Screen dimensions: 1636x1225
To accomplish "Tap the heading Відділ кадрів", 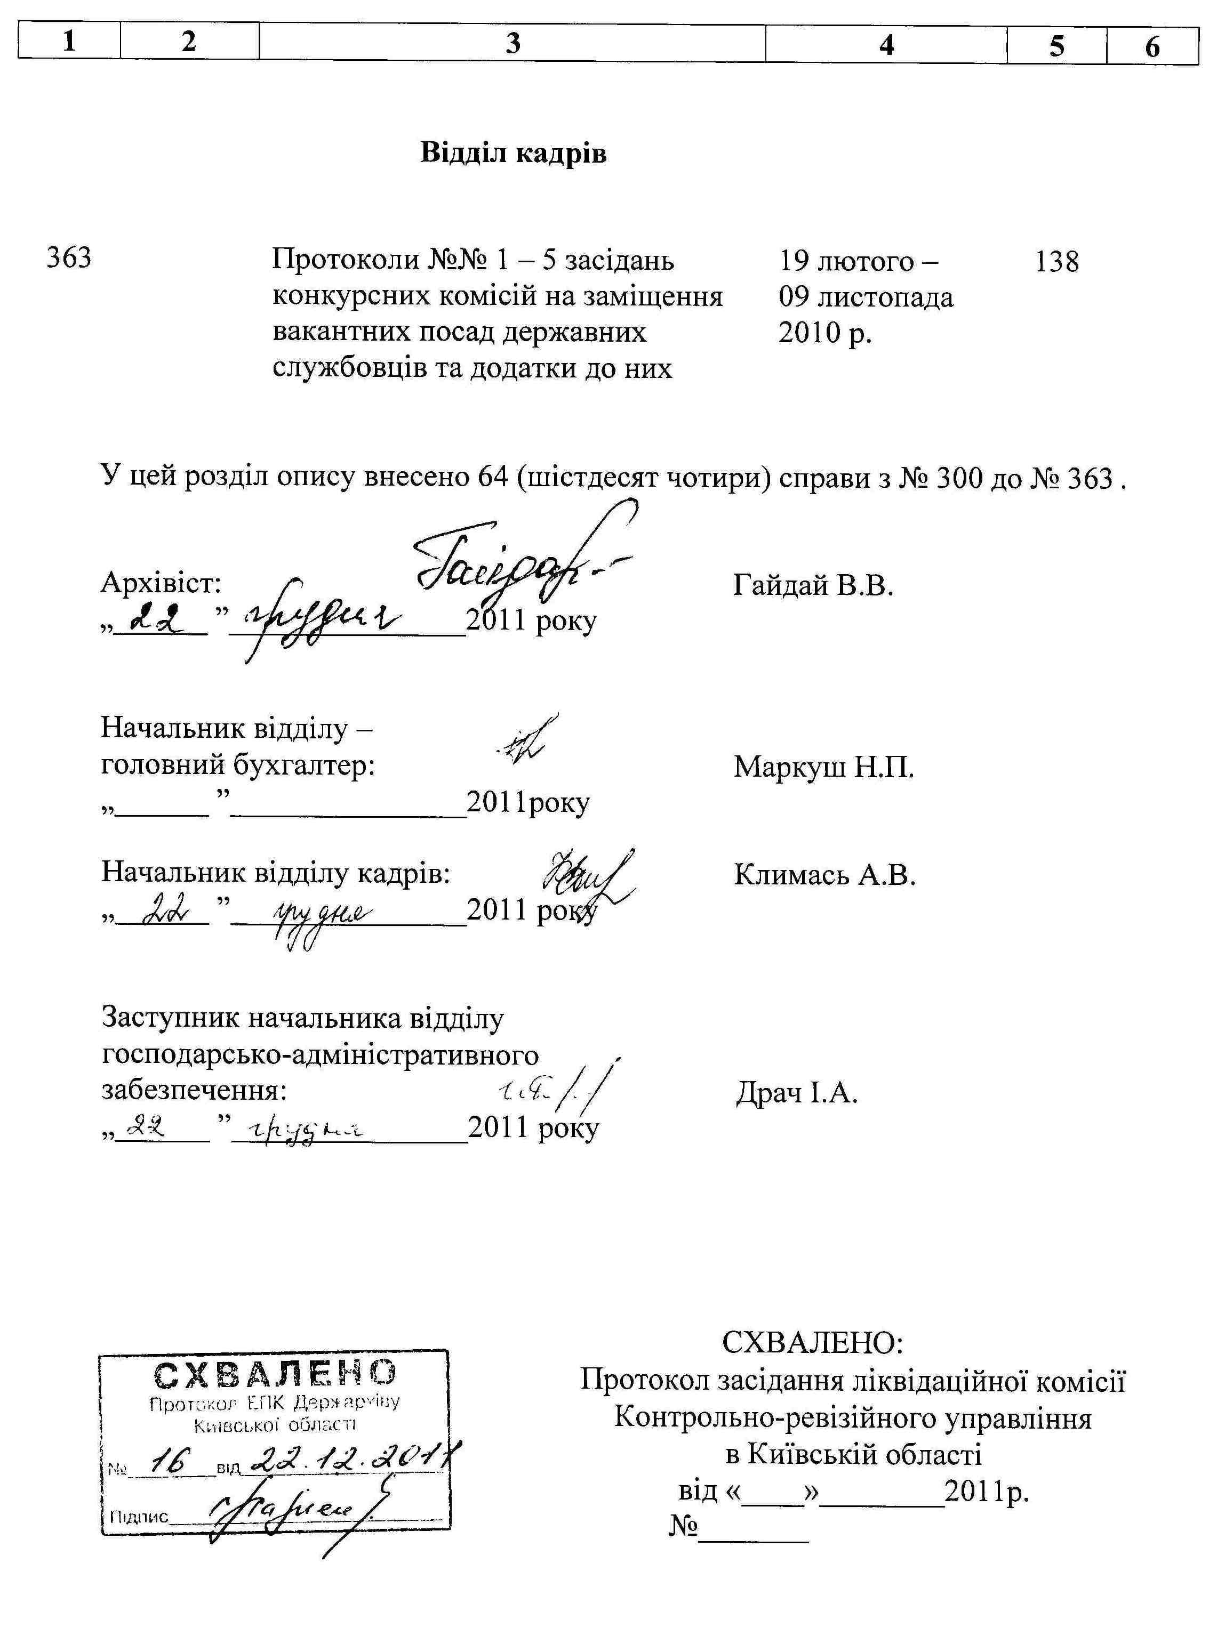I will (514, 153).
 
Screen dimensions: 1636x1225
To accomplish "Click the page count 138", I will (1056, 261).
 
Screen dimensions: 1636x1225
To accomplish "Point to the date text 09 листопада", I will (866, 297).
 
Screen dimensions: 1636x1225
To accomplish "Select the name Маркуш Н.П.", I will (823, 767).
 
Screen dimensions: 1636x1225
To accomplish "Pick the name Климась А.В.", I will (824, 875).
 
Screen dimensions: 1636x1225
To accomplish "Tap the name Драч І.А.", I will (796, 1092).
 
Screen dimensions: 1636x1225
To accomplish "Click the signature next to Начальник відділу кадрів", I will (588, 880).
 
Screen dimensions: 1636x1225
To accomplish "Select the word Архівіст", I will (161, 584).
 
